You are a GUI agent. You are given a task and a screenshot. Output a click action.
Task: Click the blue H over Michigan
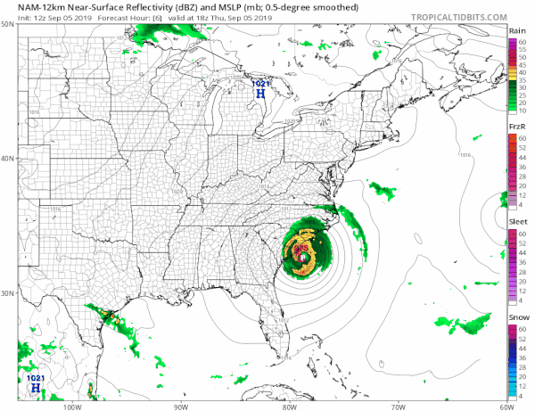259,92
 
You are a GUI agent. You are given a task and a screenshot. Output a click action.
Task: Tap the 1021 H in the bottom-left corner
35,388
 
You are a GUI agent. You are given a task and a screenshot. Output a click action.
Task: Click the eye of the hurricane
302,256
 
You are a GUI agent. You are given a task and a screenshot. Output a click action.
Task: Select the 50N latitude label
7,25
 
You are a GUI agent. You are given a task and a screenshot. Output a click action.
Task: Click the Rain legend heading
515,31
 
